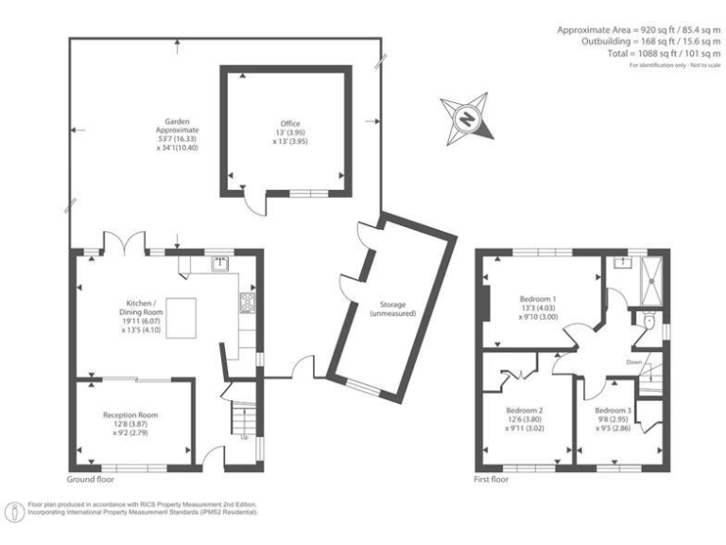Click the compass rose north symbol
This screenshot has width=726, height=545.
(468, 117)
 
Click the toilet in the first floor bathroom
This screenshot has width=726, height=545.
(645, 325)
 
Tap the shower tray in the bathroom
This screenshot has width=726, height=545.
(650, 276)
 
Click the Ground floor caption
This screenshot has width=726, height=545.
(91, 480)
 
